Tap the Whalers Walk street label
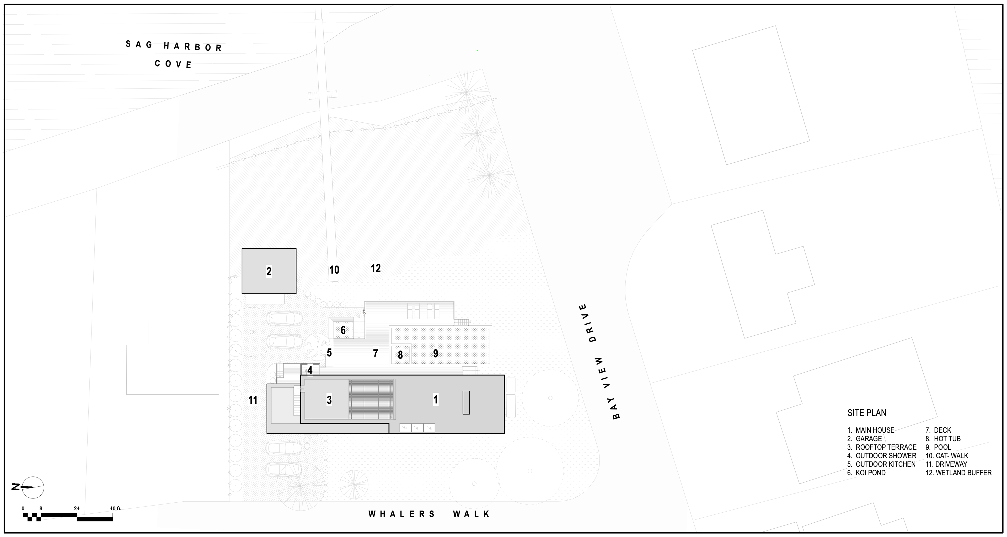tap(429, 514)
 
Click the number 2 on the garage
tap(269, 271)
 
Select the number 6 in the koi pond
tap(343, 330)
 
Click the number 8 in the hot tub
tap(400, 355)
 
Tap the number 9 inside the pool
tap(436, 353)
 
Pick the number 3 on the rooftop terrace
tap(329, 400)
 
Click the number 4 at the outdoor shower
tap(310, 370)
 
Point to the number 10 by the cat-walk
tap(334, 270)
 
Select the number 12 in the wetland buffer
tap(376, 268)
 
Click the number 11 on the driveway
tap(253, 400)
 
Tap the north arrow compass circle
tap(33, 487)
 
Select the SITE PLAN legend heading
tap(867, 413)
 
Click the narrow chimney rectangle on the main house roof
tap(466, 402)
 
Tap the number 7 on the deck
tap(375, 353)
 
